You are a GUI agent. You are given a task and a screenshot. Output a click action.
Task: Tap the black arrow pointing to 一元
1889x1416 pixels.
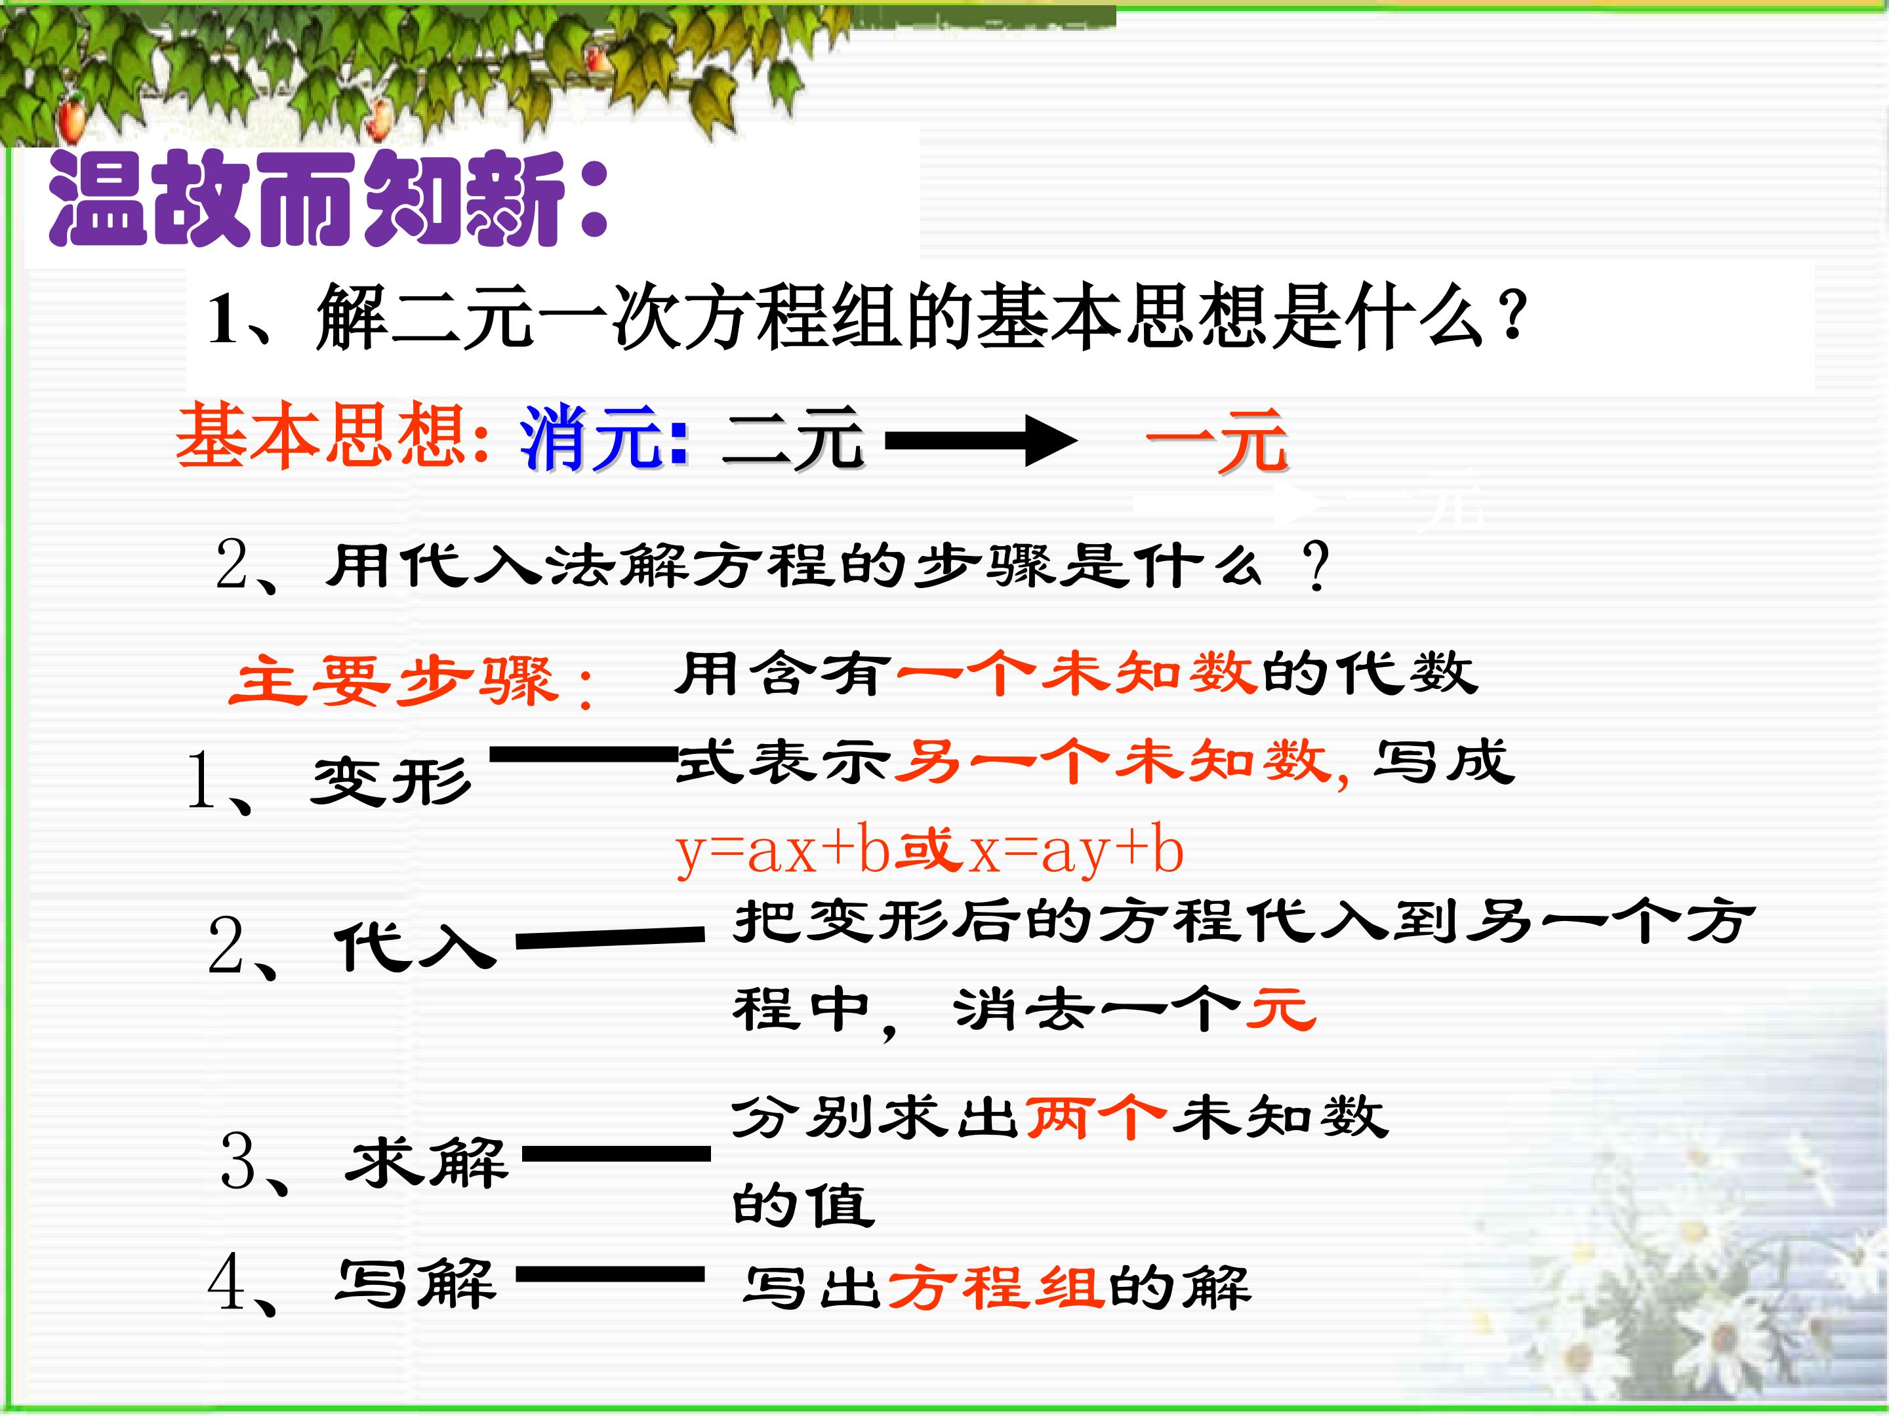click(x=981, y=441)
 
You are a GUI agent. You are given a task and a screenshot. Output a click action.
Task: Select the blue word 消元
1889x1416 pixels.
click(x=590, y=438)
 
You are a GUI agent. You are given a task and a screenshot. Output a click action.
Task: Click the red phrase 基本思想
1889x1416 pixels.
click(x=320, y=436)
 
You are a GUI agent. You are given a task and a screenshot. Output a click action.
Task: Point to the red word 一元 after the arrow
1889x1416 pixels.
click(x=1216, y=441)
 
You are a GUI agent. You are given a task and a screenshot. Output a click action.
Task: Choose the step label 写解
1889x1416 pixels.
click(x=415, y=1284)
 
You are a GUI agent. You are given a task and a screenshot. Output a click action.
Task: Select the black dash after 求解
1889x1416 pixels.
click(x=617, y=1154)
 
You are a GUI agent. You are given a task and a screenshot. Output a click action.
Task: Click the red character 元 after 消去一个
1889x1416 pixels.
click(x=1281, y=1008)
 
